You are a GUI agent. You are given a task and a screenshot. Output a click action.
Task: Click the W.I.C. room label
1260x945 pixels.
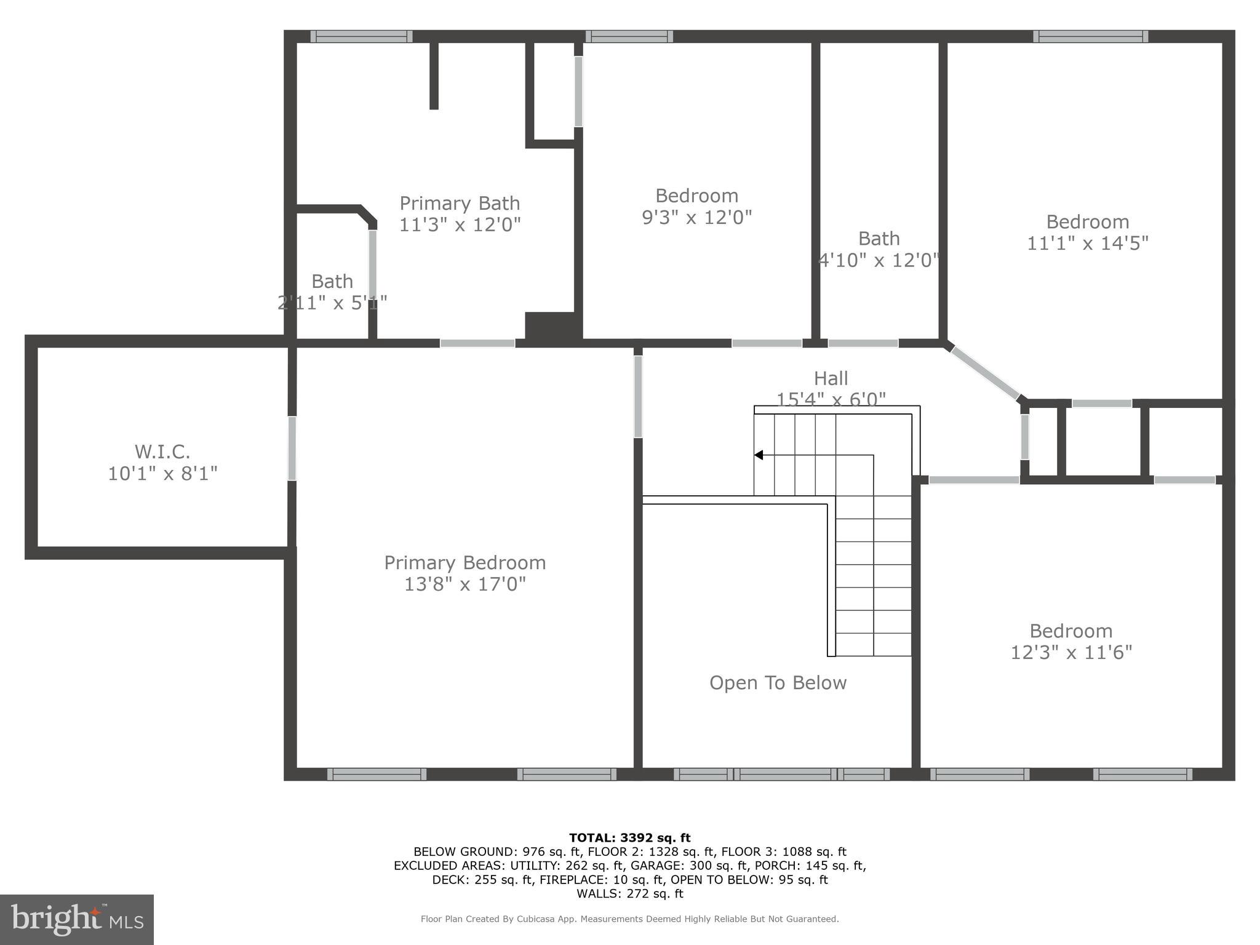162,452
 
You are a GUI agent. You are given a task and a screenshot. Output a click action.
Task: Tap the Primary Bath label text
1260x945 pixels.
460,203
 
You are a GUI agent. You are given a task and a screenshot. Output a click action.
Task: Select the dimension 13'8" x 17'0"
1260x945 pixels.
465,584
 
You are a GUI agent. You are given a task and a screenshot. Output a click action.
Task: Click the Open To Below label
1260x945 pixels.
778,682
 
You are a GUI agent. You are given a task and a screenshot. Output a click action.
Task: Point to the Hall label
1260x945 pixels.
831,378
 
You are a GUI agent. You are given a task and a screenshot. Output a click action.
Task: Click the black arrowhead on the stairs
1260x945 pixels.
759,455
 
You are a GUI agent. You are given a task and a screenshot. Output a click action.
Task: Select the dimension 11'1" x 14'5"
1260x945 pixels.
1087,243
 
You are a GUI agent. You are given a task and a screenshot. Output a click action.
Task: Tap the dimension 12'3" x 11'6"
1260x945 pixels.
1071,652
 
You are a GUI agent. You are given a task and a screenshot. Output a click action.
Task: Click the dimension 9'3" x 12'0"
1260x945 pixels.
696,217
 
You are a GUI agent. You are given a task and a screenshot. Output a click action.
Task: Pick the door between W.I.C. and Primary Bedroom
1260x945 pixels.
292,449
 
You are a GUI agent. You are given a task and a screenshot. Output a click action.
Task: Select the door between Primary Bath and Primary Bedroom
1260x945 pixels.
477,343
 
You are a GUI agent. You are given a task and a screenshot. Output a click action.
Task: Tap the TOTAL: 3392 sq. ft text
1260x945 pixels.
629,837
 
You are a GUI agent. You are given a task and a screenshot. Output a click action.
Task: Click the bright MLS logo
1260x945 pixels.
77,919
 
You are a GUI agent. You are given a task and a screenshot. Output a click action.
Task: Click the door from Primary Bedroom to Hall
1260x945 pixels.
638,396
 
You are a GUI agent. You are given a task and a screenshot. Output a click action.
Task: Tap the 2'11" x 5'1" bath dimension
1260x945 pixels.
332,303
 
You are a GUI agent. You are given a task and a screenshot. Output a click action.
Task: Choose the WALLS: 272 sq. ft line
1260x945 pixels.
629,893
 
